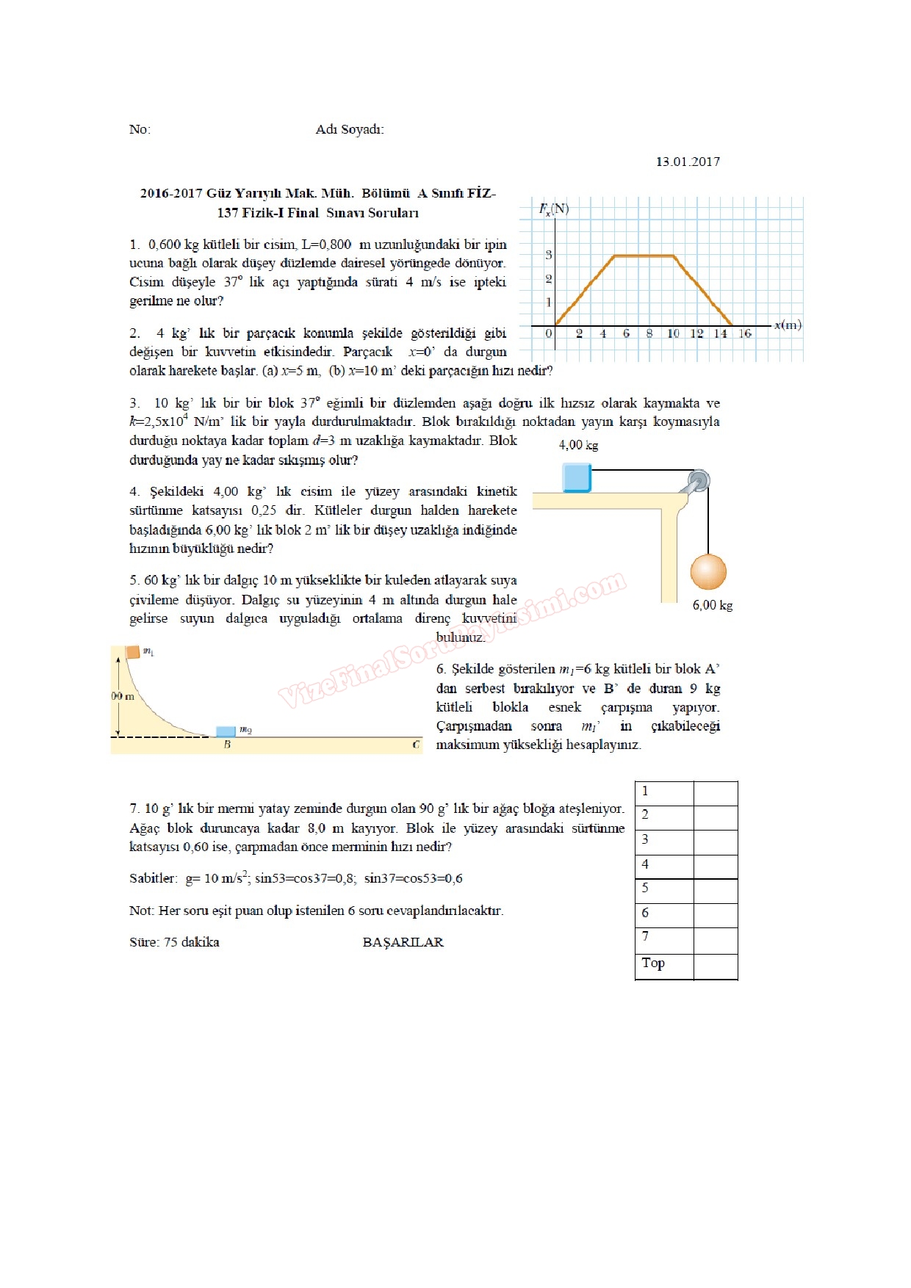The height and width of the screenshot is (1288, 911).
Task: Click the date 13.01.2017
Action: point(688,162)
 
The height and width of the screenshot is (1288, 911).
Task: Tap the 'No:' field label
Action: point(140,129)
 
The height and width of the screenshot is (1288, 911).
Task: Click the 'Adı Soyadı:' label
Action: point(349,129)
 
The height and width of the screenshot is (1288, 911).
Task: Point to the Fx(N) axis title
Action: point(553,209)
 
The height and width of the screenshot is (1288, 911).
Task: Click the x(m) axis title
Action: point(787,325)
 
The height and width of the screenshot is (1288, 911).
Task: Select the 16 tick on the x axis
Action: point(744,333)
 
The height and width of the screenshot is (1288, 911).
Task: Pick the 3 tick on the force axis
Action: point(548,255)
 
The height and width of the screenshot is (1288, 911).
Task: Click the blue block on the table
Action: point(577,477)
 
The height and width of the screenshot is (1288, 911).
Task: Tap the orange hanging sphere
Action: point(708,571)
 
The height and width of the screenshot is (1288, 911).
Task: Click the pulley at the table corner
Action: point(698,481)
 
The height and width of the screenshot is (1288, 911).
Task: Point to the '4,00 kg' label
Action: point(578,445)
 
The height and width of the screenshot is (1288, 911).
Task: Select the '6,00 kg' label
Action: point(713,605)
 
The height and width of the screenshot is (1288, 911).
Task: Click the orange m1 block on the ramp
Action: point(132,651)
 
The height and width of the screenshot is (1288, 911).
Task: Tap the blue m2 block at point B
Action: point(226,731)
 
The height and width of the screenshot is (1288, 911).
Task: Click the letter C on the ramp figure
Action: point(416,745)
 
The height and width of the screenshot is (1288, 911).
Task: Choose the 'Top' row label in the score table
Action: point(653,963)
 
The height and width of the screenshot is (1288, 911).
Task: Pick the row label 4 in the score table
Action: point(645,864)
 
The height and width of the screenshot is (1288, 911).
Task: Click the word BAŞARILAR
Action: point(403,942)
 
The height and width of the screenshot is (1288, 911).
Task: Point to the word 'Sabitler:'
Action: point(154,878)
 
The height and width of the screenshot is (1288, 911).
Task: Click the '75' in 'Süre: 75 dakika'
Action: point(170,942)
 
